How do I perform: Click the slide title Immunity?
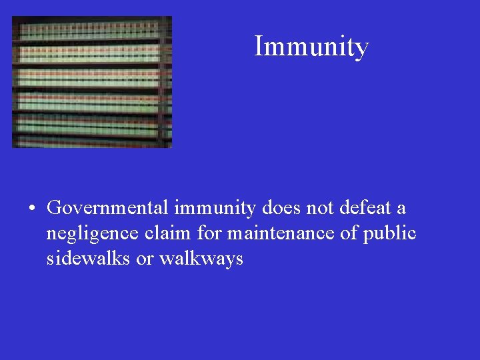point(311,47)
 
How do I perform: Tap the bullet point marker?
point(32,209)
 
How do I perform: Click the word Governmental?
point(108,208)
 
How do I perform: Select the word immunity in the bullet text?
point(215,208)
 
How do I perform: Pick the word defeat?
point(365,208)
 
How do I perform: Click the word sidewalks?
point(89,258)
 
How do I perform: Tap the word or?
point(145,259)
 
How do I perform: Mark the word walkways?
point(201,259)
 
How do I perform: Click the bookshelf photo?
point(92,81)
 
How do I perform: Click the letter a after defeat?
point(401,209)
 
